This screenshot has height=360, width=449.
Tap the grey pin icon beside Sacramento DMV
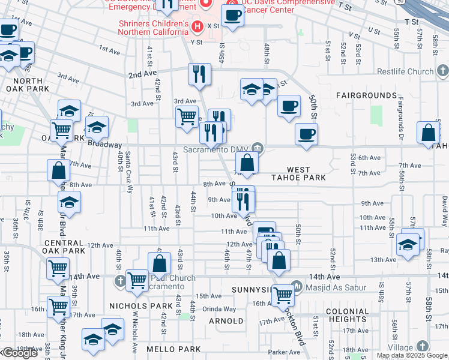[258, 147]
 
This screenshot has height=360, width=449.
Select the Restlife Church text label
[405, 71]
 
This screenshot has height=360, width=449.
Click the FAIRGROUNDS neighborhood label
[366, 95]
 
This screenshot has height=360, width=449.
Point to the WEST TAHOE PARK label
[306, 174]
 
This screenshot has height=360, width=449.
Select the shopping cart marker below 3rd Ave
[187, 116]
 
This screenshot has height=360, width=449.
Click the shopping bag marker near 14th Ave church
[159, 263]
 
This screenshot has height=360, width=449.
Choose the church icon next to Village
[423, 347]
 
